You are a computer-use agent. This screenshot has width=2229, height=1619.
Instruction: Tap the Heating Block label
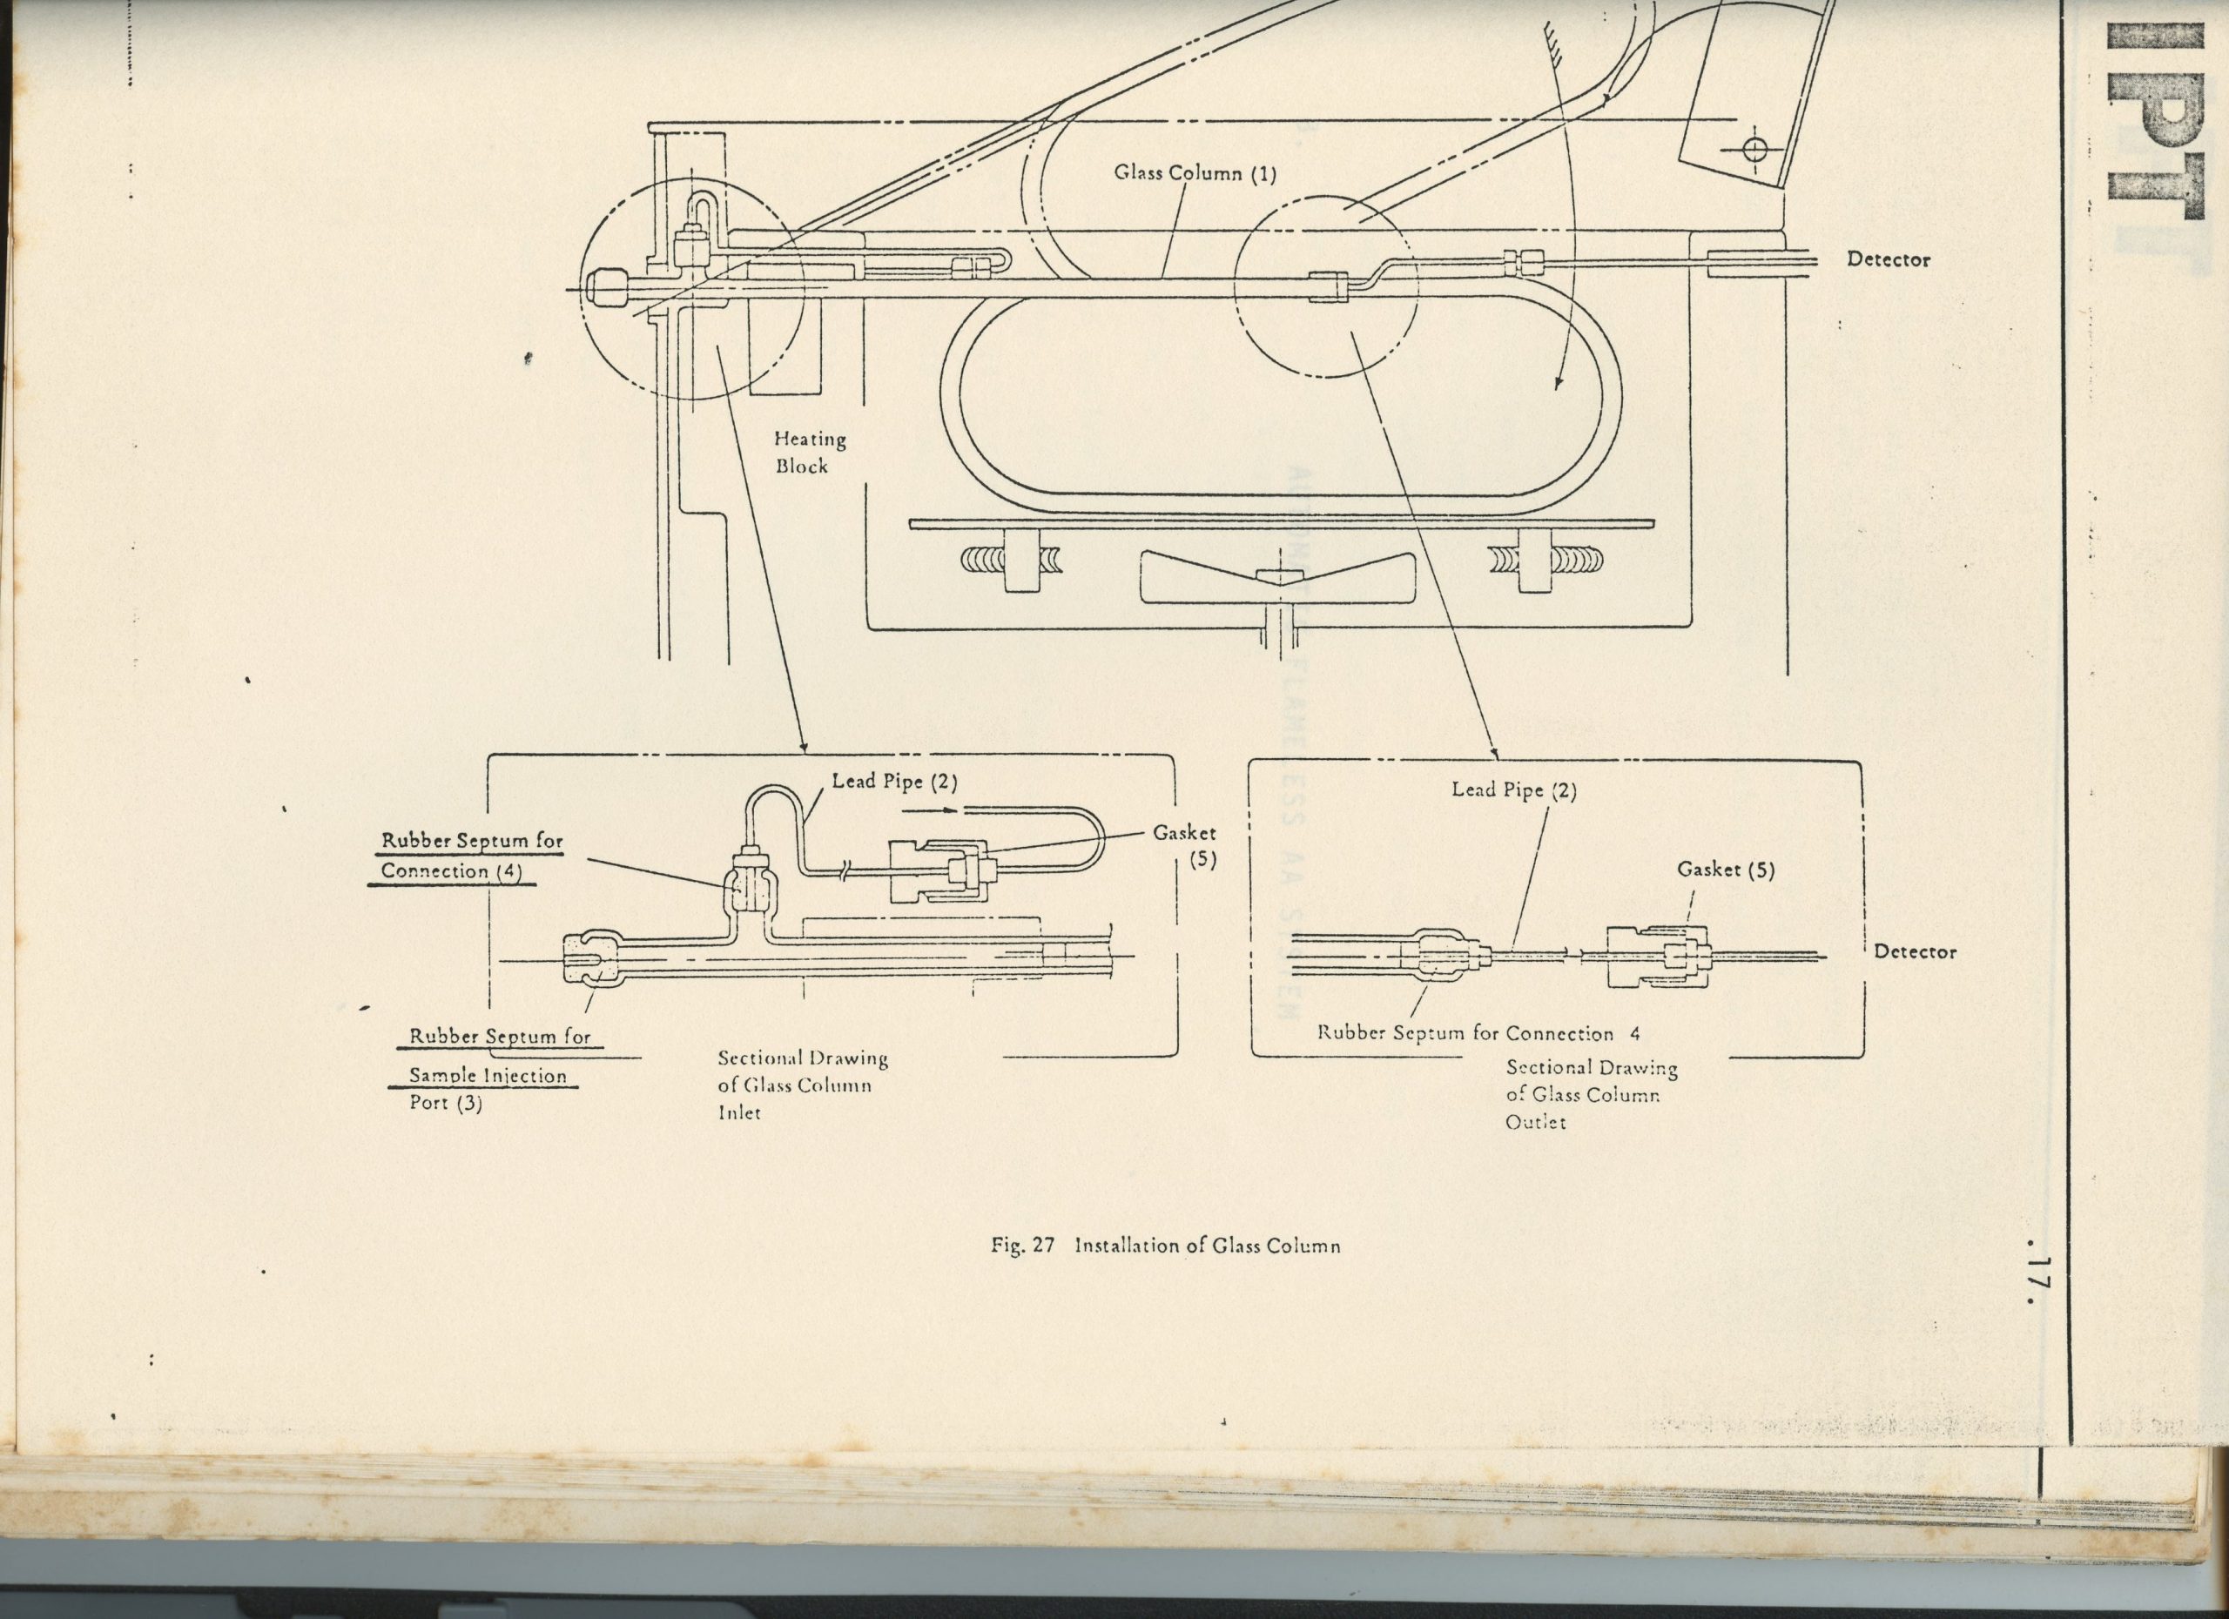[809, 452]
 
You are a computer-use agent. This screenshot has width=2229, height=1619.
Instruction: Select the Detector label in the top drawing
[1887, 260]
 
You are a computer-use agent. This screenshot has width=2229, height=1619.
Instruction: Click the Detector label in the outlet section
[1915, 951]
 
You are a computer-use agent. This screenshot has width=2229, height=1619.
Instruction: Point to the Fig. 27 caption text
[1166, 1246]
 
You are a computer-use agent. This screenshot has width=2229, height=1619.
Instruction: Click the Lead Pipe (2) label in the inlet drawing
[893, 782]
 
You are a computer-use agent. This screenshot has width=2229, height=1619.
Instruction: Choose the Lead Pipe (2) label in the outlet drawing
[1513, 789]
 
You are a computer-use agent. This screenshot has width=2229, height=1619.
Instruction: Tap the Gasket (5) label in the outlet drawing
[1725, 870]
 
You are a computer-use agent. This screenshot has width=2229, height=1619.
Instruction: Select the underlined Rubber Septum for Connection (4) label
[472, 856]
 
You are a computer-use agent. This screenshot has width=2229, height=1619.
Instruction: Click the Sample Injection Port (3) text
[488, 1089]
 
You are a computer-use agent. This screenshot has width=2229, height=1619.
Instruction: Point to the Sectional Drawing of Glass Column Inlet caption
[801, 1085]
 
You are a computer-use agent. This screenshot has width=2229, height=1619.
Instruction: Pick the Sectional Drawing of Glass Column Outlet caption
[1590, 1093]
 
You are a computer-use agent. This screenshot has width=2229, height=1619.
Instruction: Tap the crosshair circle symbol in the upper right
[1754, 150]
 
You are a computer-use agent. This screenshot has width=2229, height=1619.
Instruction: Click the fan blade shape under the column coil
[1276, 577]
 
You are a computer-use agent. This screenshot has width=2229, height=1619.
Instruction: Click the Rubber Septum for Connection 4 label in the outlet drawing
[1478, 1033]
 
